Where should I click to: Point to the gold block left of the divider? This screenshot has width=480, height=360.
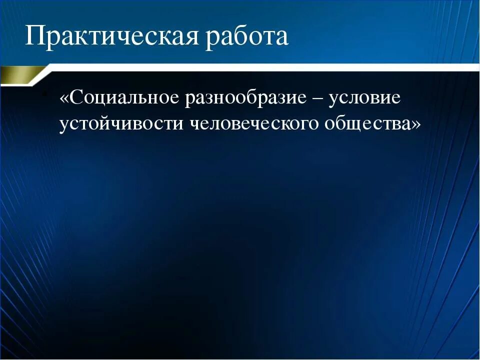17,76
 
